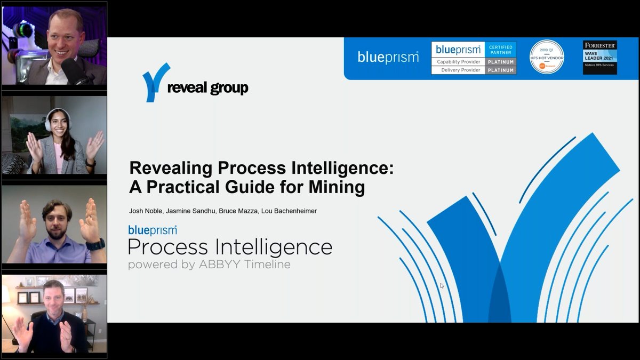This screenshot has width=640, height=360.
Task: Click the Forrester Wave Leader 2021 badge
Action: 599,57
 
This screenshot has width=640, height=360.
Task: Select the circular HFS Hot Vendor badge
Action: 547,57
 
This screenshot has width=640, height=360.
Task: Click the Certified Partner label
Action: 501,50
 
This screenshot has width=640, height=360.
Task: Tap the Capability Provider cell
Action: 458,62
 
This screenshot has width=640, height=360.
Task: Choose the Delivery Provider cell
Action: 458,70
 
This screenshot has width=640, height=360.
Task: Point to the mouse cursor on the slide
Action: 442,286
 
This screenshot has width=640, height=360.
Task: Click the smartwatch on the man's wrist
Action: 95,245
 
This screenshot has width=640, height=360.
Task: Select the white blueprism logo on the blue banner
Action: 388,57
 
